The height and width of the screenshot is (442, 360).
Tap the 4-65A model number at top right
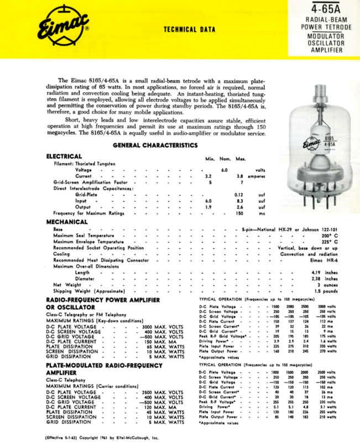pyautogui.click(x=329, y=9)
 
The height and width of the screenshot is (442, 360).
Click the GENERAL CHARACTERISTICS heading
pyautogui.click(x=155, y=145)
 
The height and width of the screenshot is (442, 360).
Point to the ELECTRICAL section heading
pyautogui.click(x=64, y=156)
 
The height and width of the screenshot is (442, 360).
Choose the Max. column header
pyautogui.click(x=241, y=159)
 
